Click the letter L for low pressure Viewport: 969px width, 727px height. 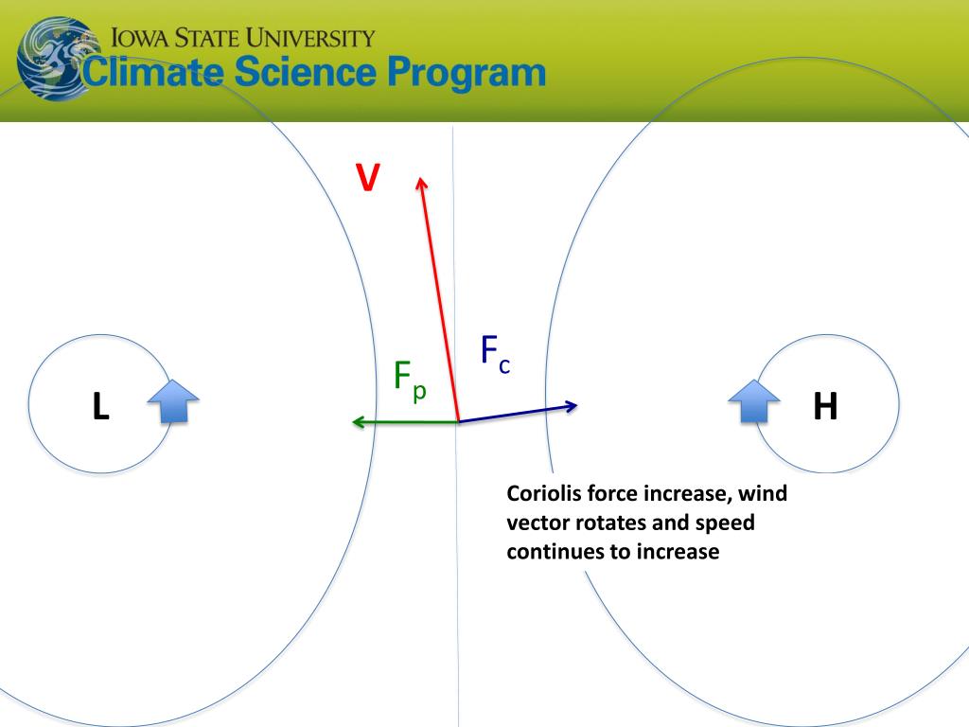click(x=100, y=406)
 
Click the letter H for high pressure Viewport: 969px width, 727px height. click(x=825, y=406)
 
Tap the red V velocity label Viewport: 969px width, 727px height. click(x=368, y=177)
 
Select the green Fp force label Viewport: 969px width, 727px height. click(x=410, y=381)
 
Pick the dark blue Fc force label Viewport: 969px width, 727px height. click(x=496, y=354)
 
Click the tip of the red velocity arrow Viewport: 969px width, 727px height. click(x=421, y=177)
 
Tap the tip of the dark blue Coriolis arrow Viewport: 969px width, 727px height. click(x=577, y=405)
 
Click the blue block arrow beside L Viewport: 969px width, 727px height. click(x=174, y=401)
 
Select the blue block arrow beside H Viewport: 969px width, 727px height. click(x=754, y=401)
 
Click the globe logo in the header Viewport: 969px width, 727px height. click(x=57, y=59)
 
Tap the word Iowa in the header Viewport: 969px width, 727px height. click(x=140, y=38)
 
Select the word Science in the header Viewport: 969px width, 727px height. click(x=306, y=72)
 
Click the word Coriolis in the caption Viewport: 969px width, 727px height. click(x=543, y=493)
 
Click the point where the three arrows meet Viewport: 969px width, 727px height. click(x=459, y=421)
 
